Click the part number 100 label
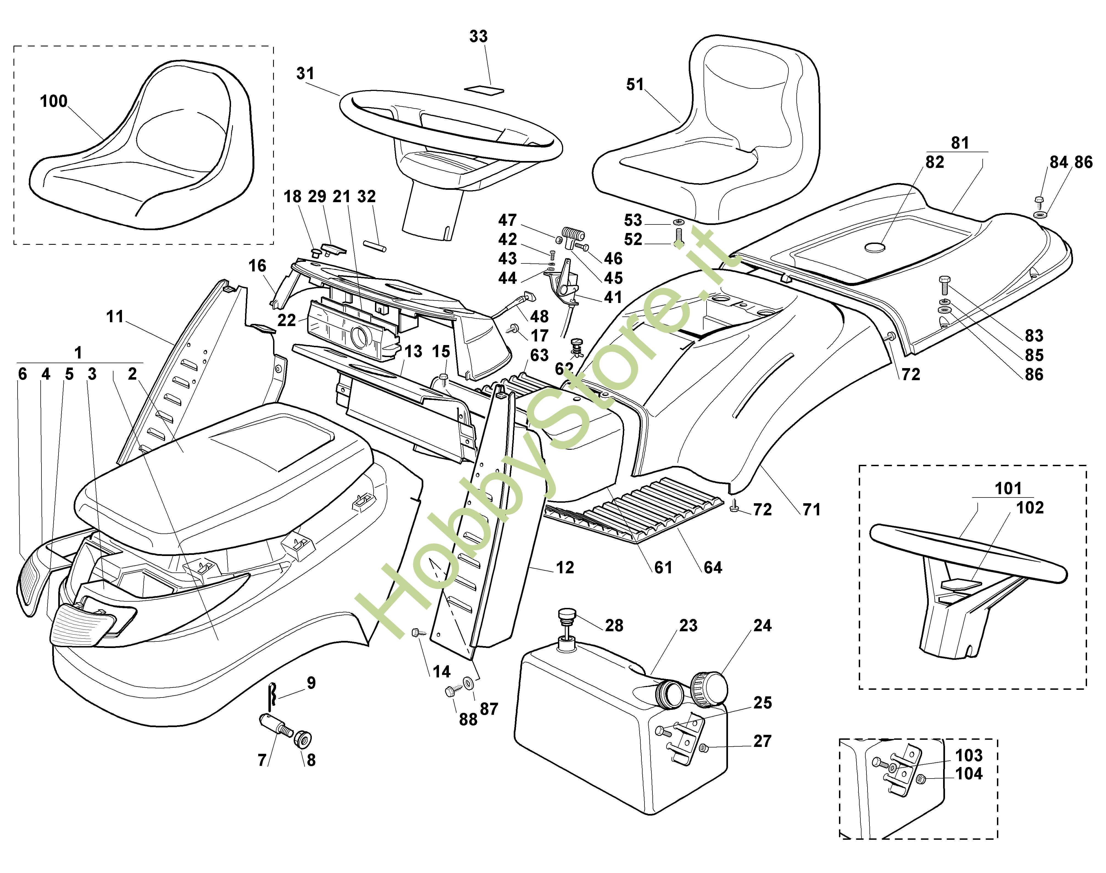coord(54,101)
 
